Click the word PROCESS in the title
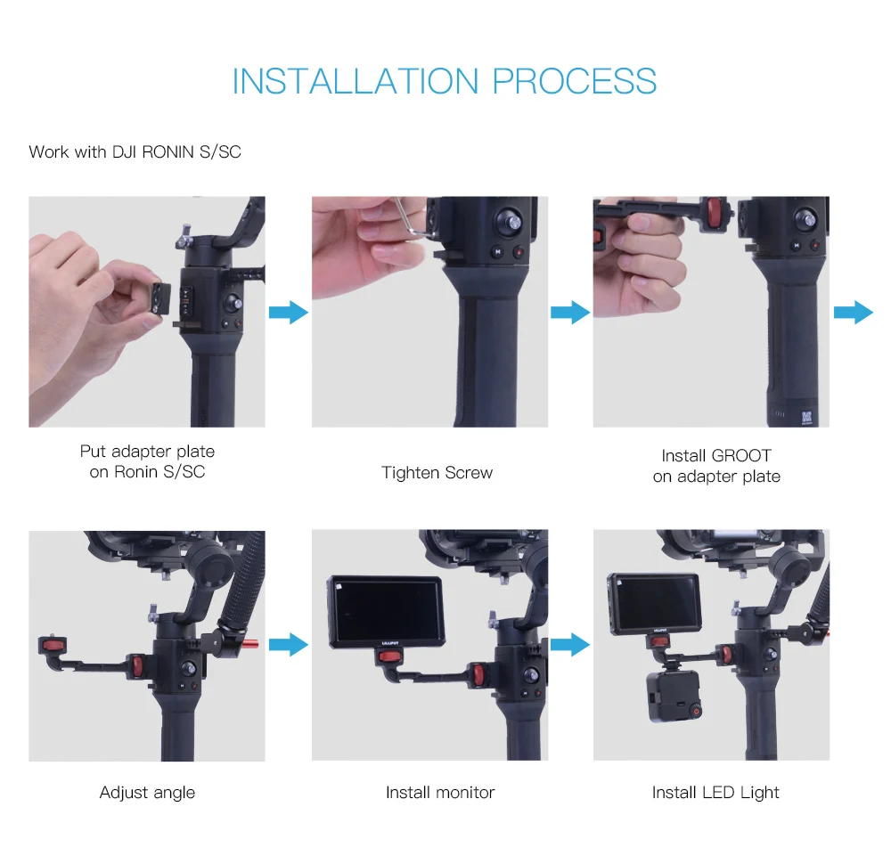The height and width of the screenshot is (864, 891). point(574,81)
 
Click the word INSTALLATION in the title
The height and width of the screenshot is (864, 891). point(356,81)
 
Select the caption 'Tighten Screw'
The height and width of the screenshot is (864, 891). point(437,473)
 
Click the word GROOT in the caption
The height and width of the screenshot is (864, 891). point(741,455)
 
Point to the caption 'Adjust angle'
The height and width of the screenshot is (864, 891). point(147,793)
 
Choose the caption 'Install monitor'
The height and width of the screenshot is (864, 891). point(440,793)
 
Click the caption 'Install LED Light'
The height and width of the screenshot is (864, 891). point(715,793)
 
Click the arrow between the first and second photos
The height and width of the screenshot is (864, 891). point(289,313)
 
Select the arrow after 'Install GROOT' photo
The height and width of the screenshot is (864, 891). point(854,313)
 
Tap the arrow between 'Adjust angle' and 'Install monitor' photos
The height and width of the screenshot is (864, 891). point(289,645)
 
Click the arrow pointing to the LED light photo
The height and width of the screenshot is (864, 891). point(570,645)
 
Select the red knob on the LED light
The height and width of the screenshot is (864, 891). point(696,711)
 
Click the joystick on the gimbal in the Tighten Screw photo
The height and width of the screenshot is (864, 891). point(510,220)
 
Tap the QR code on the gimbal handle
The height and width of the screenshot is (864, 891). point(807,418)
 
